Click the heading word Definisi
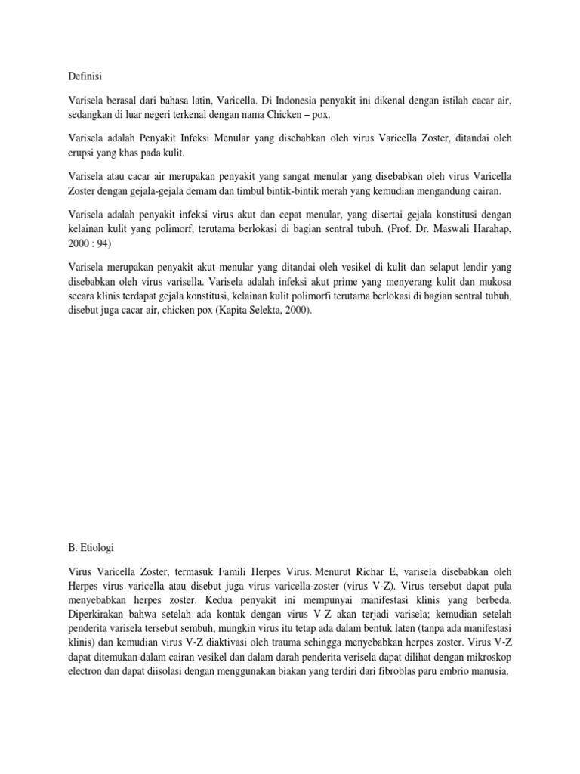[85, 76]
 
